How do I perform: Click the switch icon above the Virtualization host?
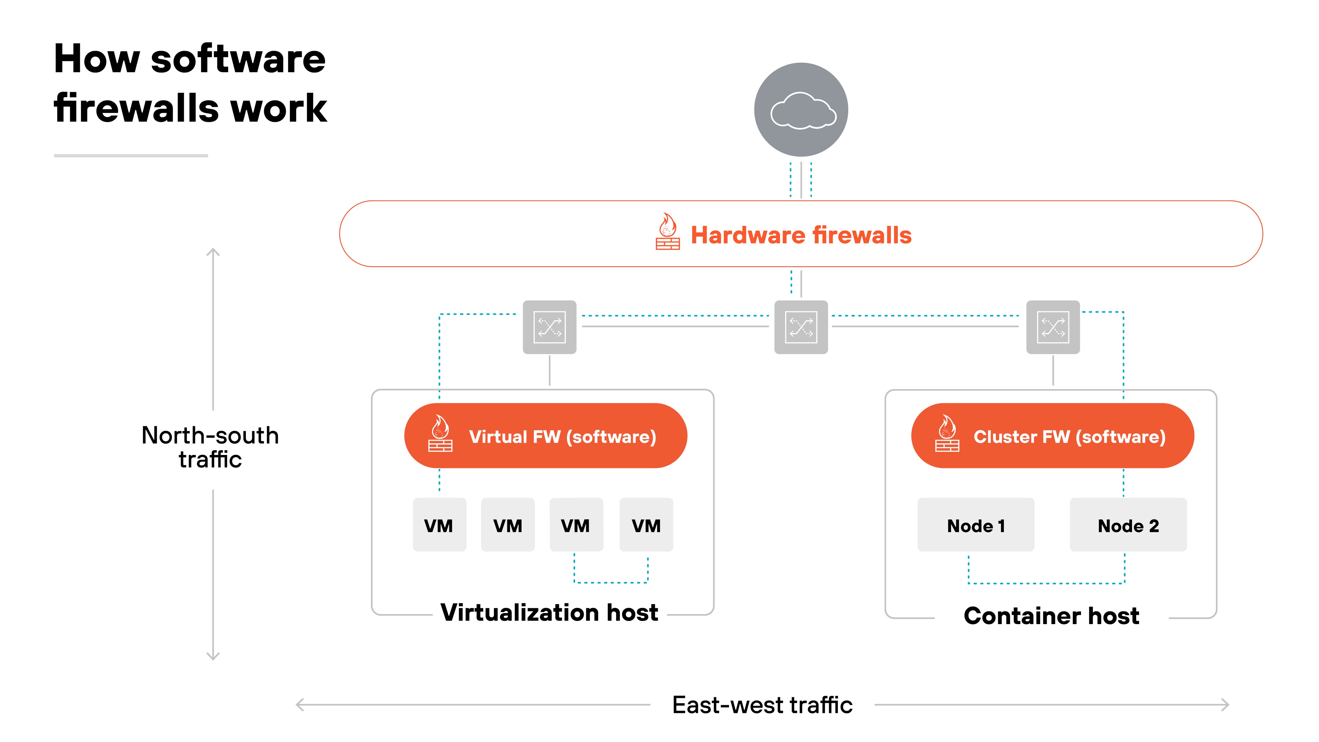point(549,327)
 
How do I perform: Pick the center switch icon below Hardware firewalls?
point(801,327)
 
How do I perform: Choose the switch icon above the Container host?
point(1053,327)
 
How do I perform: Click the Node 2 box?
point(1128,525)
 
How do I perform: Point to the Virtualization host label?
point(549,612)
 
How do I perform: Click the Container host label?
point(1051,615)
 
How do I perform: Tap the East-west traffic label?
point(762,705)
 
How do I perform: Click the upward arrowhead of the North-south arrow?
point(213,252)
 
